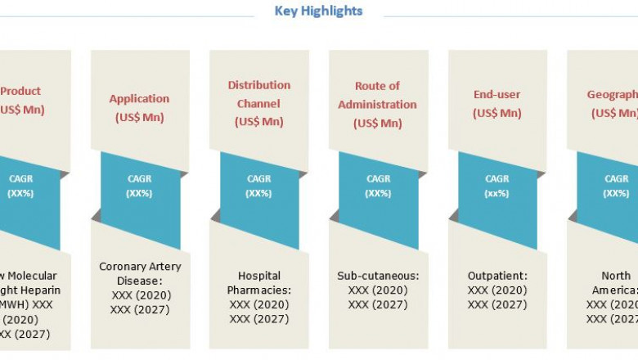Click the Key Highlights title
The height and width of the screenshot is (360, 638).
coord(319,11)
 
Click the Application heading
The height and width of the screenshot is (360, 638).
coord(139,99)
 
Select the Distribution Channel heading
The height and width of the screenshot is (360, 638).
coord(258,94)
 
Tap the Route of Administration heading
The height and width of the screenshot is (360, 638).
coord(377,95)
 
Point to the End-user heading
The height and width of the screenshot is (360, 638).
coord(496,95)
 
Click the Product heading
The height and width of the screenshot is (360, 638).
coord(20,92)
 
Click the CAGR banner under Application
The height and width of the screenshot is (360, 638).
coord(139,186)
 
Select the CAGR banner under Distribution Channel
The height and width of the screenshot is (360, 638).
coord(258,186)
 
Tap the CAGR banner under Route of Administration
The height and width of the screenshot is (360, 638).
coord(378,186)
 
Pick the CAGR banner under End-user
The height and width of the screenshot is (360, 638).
coord(497,186)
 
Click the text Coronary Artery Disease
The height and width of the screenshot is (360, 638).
coord(140,273)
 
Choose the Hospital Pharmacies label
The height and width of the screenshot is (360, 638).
coord(258,283)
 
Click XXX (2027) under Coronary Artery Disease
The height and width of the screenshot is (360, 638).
coord(140,310)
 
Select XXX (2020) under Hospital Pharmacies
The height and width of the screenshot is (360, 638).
coord(258,305)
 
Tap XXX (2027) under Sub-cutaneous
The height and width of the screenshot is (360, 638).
coord(378,304)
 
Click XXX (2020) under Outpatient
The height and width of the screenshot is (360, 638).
coord(497,290)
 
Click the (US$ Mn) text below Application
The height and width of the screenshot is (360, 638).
coord(139,118)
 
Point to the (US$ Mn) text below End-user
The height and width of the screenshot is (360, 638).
coord(496,114)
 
